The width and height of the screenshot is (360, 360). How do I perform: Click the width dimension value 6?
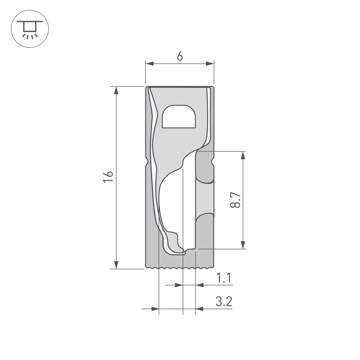point(180,56)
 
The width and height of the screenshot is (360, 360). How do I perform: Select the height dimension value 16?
point(108,176)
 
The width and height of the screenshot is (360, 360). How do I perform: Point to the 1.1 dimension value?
point(224,278)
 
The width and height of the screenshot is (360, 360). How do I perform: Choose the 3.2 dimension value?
point(224,301)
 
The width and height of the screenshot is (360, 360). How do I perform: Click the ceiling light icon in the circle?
point(30,29)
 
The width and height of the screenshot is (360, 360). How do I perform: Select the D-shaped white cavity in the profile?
point(179,116)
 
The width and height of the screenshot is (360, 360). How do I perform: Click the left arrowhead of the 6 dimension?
point(149,64)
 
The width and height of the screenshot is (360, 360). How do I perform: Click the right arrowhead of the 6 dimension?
point(210,64)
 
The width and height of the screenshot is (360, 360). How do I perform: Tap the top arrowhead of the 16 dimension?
point(116,90)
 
